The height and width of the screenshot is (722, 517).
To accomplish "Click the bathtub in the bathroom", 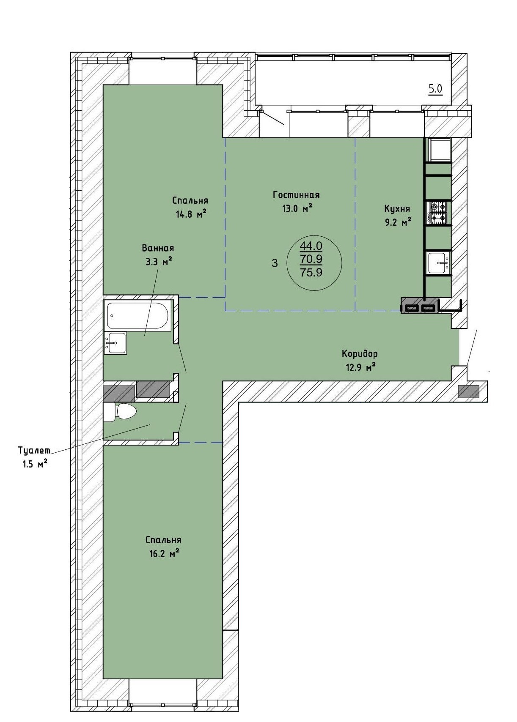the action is point(138,315).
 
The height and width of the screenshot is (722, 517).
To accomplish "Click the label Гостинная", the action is point(296,195).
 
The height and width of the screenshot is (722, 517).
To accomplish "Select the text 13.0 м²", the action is point(297,208).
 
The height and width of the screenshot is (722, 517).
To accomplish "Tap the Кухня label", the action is point(397,208).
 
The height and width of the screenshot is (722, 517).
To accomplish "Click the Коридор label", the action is point(360,354).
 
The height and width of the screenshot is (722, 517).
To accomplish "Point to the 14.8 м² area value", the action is point(191,214).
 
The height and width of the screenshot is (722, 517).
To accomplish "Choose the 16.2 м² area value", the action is point(162,554).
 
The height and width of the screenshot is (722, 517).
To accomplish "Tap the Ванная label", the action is point(158,248).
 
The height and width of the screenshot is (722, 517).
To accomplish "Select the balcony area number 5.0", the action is point(435,89).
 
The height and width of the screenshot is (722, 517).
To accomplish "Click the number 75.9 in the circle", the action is point(311,273).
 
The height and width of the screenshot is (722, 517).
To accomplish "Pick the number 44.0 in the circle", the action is point(311,246).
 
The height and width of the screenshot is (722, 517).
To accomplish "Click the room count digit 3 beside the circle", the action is point(275,263).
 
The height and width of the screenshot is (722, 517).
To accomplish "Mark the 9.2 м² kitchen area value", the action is point(397,222).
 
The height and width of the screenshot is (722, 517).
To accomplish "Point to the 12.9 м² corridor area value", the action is point(361,367).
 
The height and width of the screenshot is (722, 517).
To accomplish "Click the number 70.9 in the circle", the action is point(311,259).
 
